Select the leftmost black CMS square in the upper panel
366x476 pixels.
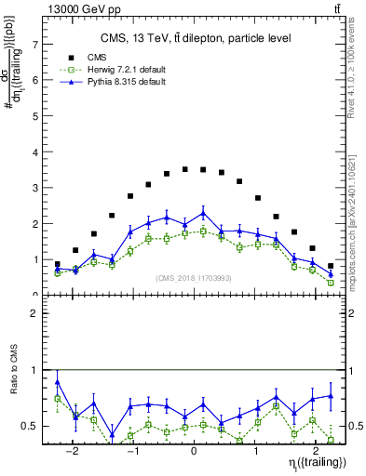point(58,264)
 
